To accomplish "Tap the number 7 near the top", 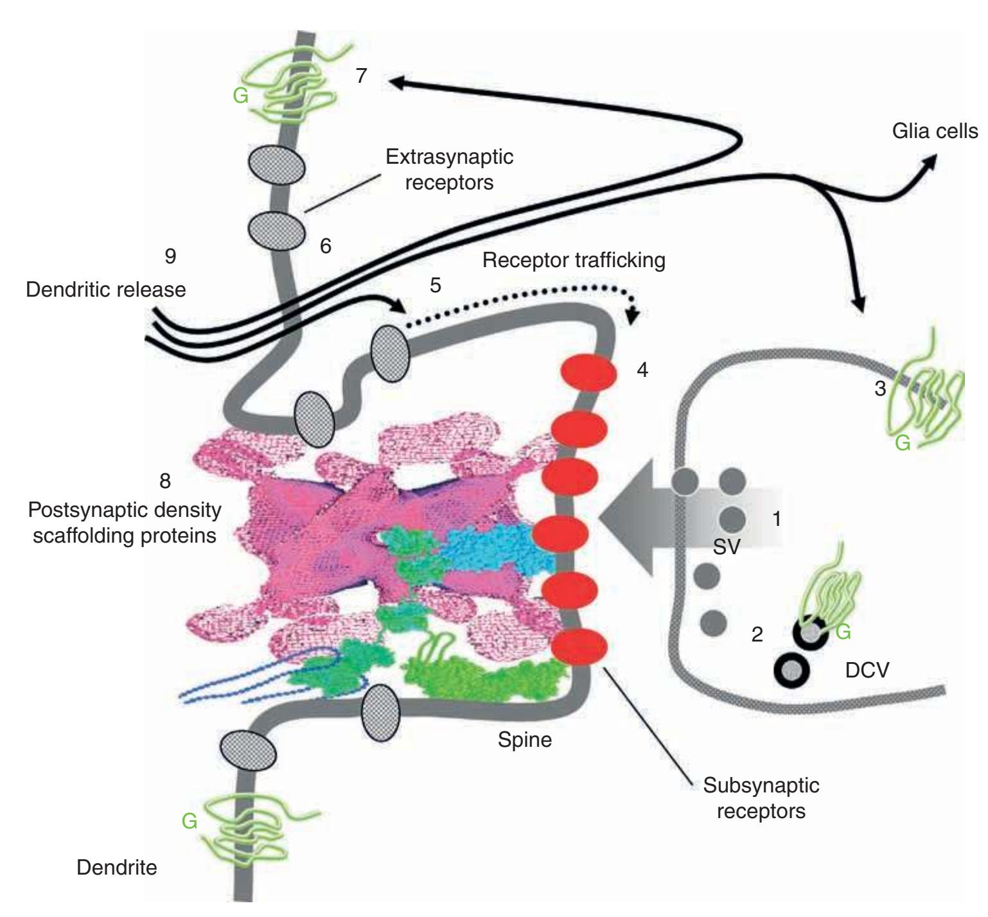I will click(x=362, y=76).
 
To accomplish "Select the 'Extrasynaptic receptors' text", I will click(x=449, y=169).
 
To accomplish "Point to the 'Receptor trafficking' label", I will click(x=574, y=260).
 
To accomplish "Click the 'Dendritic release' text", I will click(x=106, y=289).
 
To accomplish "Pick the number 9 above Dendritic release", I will click(x=170, y=256).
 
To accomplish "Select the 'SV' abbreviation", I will click(x=727, y=548).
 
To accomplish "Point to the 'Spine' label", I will click(x=525, y=740).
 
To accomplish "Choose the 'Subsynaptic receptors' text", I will click(x=761, y=798).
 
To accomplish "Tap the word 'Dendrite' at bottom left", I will click(x=116, y=868).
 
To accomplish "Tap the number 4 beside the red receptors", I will click(x=642, y=370).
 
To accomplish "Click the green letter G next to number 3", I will click(x=903, y=443).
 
